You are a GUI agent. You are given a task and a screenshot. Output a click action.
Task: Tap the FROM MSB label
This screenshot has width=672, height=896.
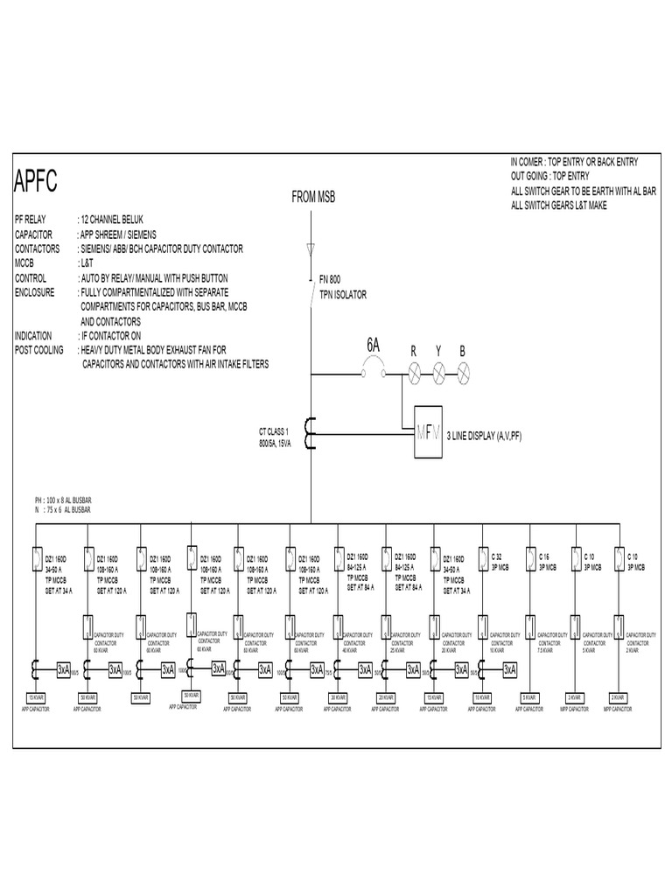coord(312,198)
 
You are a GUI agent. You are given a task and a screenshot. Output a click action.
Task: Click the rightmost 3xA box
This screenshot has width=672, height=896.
coord(509,669)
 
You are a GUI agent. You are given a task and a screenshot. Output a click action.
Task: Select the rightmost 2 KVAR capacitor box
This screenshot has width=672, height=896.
coord(620,697)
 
